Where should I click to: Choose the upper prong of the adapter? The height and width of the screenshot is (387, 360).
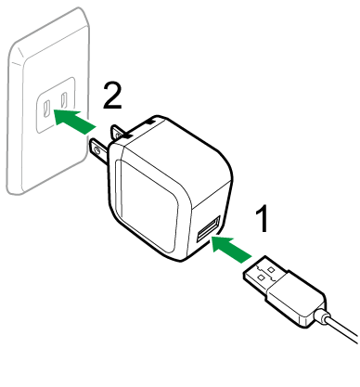coord(119,132)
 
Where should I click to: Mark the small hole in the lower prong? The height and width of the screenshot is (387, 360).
coord(95,146)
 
